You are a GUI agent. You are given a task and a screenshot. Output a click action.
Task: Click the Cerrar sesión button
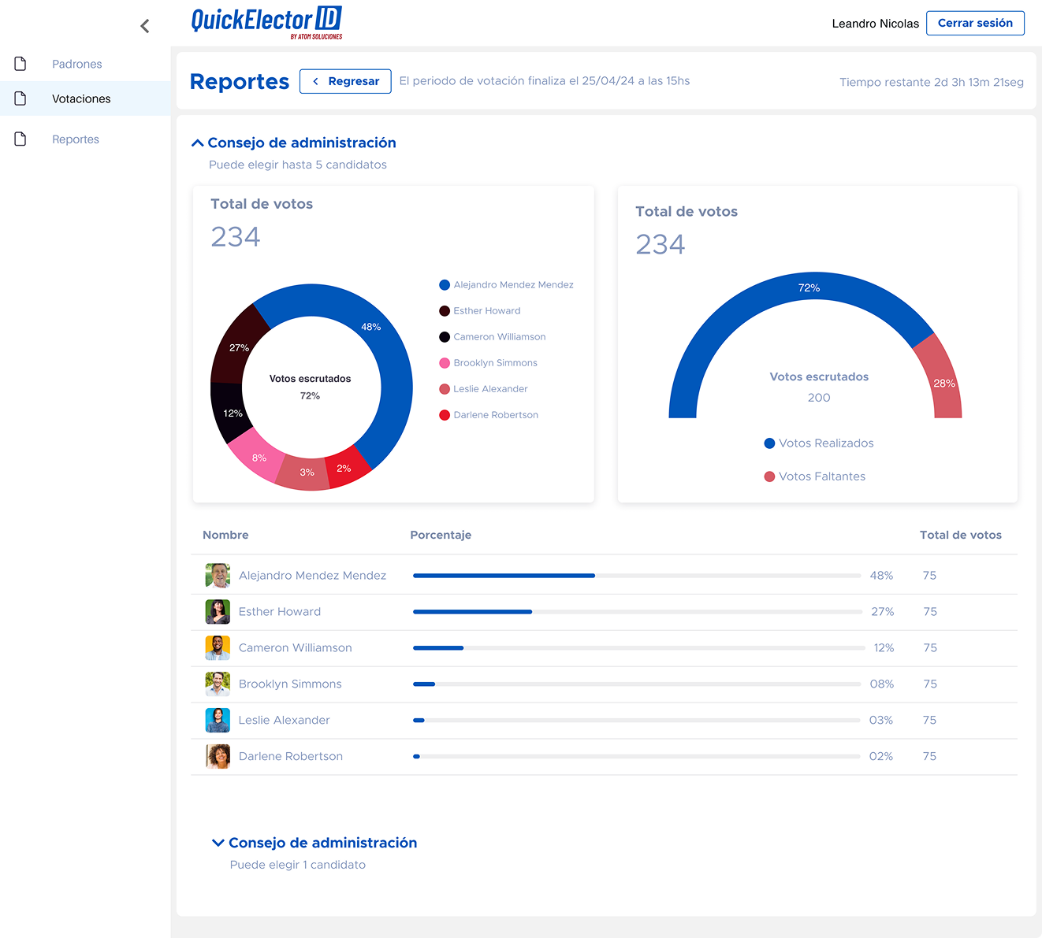click(x=975, y=24)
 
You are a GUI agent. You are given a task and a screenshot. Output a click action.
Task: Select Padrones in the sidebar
click(x=76, y=64)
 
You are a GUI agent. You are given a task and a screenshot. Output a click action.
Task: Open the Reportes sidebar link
click(x=76, y=139)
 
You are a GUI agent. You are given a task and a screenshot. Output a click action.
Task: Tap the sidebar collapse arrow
click(x=145, y=26)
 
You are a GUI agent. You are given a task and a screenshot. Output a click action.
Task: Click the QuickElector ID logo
click(x=266, y=21)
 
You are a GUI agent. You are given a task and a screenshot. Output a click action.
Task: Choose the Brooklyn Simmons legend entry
click(x=495, y=363)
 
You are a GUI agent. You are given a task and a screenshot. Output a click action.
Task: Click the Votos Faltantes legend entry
click(x=821, y=476)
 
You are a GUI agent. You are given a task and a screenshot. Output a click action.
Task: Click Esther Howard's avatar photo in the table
click(x=218, y=612)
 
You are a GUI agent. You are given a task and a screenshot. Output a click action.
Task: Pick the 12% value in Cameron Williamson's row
click(x=884, y=648)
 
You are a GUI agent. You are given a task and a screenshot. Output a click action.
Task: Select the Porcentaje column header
click(x=441, y=535)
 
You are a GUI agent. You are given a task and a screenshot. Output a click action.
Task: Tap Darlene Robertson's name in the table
click(x=291, y=756)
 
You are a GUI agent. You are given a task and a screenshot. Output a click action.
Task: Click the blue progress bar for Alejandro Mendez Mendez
click(x=504, y=576)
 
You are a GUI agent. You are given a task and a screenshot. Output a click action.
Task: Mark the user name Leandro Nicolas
click(x=875, y=24)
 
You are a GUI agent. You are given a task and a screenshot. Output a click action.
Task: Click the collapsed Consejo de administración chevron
click(x=218, y=843)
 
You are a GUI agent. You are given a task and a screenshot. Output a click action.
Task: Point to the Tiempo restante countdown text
click(x=931, y=82)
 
